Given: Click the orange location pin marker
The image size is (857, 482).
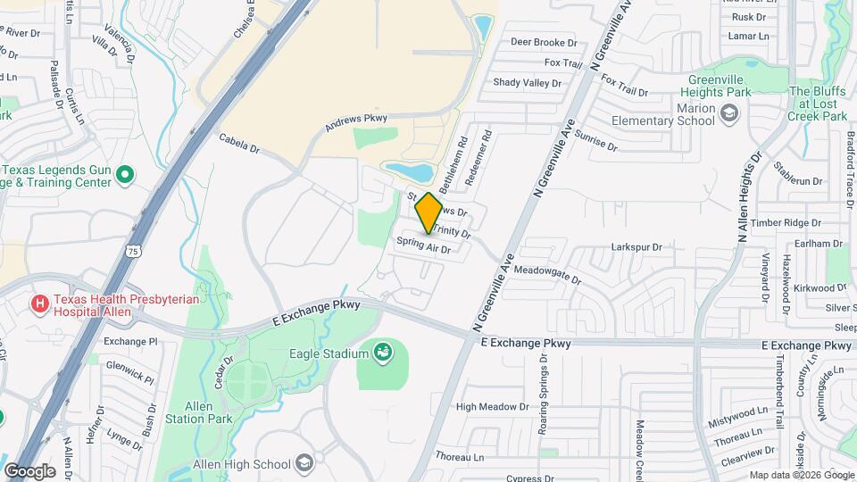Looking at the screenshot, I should tap(428, 212).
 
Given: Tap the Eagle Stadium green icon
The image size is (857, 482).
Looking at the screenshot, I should tap(383, 353).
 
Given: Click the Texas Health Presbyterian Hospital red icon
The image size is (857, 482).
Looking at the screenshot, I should tap(40, 305).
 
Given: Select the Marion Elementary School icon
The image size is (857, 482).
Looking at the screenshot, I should tap(730, 112).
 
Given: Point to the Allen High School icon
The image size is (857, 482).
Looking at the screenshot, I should tap(305, 464).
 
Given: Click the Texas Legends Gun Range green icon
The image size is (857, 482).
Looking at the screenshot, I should tap(126, 175).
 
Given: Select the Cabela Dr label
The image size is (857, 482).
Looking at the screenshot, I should tap(238, 143).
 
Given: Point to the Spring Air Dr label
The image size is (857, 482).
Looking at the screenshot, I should tap(423, 245).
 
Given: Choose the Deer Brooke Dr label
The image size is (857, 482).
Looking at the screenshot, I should tap(544, 41).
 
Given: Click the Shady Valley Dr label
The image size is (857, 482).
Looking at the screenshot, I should tap(528, 83).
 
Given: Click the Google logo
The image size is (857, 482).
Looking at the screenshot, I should tap(29, 470).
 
